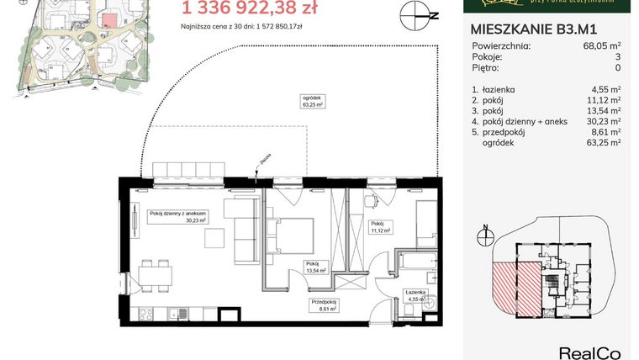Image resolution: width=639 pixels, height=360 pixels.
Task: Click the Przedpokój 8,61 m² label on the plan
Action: [324, 306]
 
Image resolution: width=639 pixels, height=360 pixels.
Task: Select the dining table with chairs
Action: [156, 275]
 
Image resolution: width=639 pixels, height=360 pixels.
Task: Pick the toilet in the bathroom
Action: [406, 310]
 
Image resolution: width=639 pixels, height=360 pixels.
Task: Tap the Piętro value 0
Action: [617, 68]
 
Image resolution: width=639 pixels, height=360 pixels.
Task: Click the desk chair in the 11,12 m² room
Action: [372, 204]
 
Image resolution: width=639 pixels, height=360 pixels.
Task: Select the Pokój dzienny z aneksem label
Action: [177, 216]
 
